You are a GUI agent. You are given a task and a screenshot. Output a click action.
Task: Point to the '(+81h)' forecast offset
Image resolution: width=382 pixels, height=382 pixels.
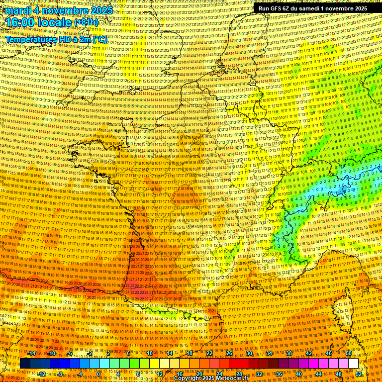(86, 22)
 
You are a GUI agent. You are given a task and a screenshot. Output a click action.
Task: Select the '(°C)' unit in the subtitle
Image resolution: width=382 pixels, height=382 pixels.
(98, 39)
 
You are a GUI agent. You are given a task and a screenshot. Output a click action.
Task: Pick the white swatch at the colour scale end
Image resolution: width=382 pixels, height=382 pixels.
(353, 364)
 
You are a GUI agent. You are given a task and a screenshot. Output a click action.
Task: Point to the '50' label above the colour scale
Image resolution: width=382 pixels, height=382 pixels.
(348, 353)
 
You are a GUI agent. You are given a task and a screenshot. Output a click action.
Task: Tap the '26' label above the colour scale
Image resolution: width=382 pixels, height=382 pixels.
(229, 353)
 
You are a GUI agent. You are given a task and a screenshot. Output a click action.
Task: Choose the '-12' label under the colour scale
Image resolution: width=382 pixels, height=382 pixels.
(42, 374)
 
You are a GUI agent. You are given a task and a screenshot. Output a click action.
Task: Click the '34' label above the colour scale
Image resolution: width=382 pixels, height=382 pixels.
(269, 353)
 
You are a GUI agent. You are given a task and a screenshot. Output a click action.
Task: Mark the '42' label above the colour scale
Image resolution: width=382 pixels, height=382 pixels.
(309, 353)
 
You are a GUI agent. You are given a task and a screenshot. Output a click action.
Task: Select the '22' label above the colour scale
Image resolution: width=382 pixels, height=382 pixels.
(209, 353)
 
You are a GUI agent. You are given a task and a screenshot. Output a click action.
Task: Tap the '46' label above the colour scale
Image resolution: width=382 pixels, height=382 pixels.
(329, 353)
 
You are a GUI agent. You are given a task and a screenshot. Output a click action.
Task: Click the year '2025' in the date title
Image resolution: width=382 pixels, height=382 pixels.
(98, 10)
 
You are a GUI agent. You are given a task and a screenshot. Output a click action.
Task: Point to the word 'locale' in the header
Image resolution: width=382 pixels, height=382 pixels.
(54, 22)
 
